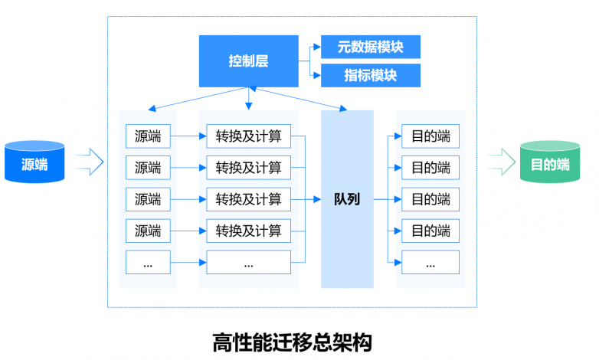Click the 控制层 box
249,61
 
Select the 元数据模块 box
371,47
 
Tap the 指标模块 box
371,75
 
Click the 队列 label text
347,199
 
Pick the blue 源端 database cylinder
34,162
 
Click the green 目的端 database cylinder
550,162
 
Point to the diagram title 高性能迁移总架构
293,342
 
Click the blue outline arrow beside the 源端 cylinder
90,162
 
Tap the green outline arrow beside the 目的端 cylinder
502,162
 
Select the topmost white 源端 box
148,136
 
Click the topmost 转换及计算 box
249,136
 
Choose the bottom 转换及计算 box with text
249,231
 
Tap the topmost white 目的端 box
430,136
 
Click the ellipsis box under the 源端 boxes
148,262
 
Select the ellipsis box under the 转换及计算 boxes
249,262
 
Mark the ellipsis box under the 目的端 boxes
430,262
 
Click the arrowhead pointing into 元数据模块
317,47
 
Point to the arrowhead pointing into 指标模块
317,75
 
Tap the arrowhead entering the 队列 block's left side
317,199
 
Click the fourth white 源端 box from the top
148,231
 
